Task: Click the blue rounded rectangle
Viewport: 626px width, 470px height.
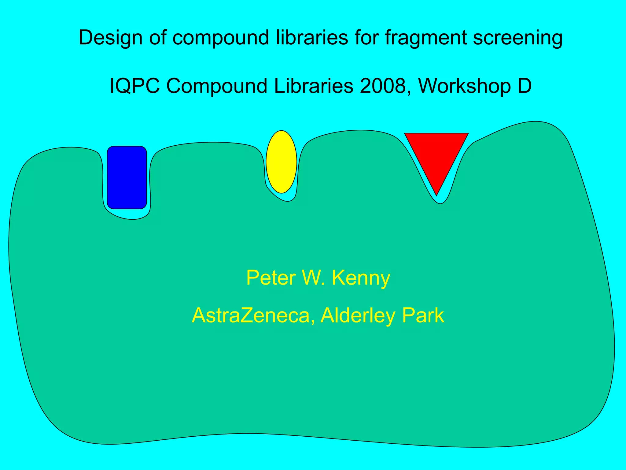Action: pyautogui.click(x=127, y=177)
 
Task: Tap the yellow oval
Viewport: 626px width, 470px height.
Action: pyautogui.click(x=281, y=162)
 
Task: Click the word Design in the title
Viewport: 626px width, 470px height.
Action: pyautogui.click(x=110, y=38)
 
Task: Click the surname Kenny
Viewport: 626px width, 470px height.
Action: pyautogui.click(x=361, y=278)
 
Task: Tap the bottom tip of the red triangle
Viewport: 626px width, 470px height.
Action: pyautogui.click(x=437, y=193)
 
